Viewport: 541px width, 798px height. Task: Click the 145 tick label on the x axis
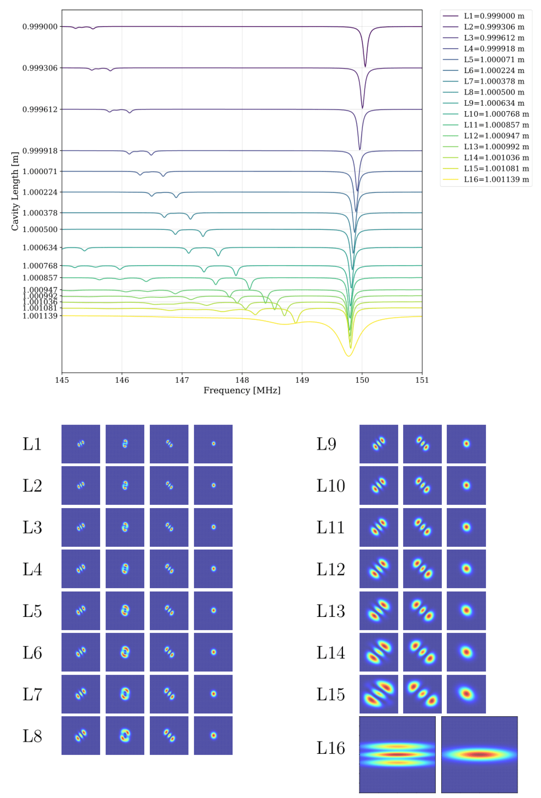click(x=62, y=380)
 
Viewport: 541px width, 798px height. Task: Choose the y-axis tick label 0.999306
click(x=40, y=68)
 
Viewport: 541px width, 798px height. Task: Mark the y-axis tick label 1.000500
click(x=40, y=229)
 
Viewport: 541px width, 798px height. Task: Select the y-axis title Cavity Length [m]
click(x=14, y=191)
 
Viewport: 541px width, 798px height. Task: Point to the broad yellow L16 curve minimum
click(x=348, y=356)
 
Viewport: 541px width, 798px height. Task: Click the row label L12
click(x=330, y=569)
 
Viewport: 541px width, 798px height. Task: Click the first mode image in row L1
click(x=81, y=444)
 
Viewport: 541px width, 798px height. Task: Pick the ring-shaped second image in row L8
click(x=125, y=735)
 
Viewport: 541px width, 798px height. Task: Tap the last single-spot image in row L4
click(x=213, y=569)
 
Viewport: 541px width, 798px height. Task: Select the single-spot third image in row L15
click(x=466, y=694)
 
